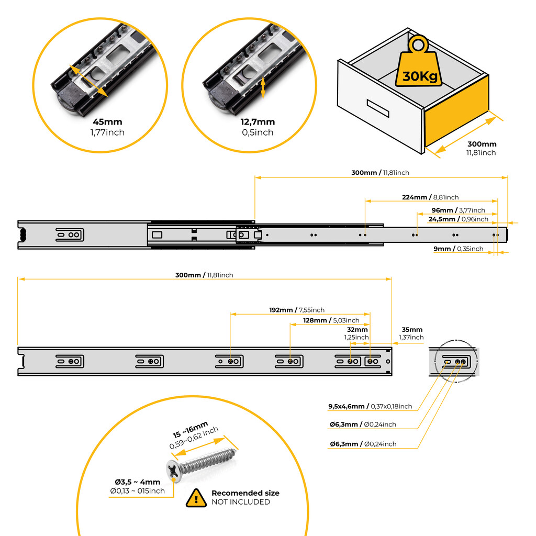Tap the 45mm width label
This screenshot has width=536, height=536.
tap(107, 122)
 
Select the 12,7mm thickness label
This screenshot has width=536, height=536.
tap(258, 122)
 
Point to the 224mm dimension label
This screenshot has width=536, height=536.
tap(415, 197)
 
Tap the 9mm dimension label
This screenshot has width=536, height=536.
tap(443, 249)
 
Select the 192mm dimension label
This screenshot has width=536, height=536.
tap(282, 310)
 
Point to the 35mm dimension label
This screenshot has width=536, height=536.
tap(412, 330)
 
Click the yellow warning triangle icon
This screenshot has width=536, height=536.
tap(196, 497)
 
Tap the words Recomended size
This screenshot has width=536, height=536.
tap(245, 493)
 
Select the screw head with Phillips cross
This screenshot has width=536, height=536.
tap(174, 470)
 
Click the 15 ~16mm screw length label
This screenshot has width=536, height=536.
tap(190, 430)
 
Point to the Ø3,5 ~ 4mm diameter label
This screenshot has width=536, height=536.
tap(137, 482)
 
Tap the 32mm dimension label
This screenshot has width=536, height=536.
tap(358, 330)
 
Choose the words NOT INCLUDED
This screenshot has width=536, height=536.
tap(241, 502)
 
